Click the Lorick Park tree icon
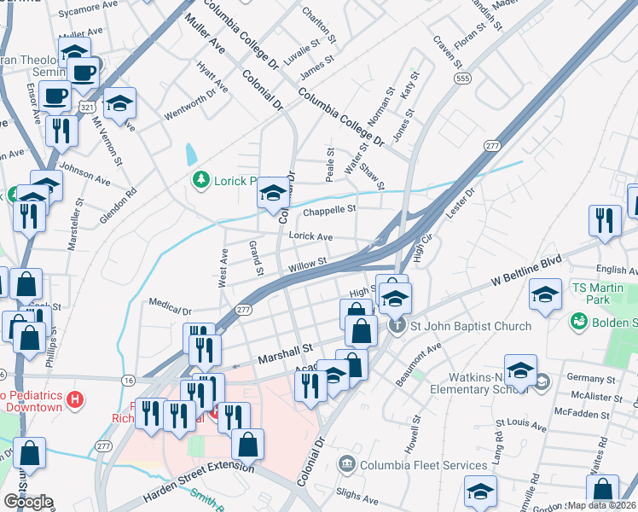click(x=200, y=179)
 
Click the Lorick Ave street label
click(x=310, y=236)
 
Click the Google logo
click(x=28, y=502)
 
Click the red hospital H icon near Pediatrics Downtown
click(x=76, y=399)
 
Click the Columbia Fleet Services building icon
click(x=347, y=465)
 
